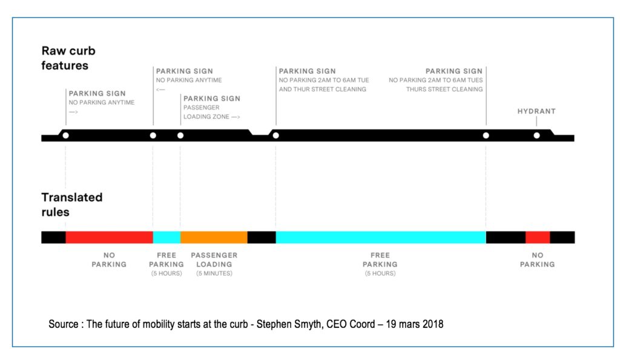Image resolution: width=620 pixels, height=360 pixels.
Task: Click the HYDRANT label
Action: [536, 111]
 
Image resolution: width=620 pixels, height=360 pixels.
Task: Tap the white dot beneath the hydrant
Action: [536, 136]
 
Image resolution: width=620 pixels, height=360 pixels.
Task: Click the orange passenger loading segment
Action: [214, 238]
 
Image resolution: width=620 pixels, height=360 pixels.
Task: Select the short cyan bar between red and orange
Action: [167, 238]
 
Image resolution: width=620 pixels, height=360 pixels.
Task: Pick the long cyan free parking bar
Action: [381, 238]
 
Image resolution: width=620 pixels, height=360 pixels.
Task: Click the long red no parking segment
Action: [109, 238]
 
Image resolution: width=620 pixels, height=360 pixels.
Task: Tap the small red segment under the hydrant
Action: [538, 238]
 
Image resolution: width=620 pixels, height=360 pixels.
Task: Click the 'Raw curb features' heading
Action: [68, 58]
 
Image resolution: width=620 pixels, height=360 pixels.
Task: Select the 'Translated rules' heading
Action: [71, 205]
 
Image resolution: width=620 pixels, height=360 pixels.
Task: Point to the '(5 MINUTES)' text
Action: [214, 273]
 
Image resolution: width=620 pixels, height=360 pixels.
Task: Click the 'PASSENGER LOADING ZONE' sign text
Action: [206, 112]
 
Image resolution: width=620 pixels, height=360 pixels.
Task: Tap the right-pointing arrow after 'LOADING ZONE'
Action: [236, 117]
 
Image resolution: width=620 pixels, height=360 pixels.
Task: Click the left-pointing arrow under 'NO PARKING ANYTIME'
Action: [160, 90]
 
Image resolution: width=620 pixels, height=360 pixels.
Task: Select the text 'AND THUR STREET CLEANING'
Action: [322, 90]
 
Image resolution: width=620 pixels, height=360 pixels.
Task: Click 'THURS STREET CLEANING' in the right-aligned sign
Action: [444, 90]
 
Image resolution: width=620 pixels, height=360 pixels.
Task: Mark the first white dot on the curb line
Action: [65, 136]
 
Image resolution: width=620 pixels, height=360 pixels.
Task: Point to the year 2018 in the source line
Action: [432, 324]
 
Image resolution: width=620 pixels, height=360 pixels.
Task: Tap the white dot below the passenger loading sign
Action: [180, 136]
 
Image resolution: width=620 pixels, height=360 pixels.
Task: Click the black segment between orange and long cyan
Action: [262, 238]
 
